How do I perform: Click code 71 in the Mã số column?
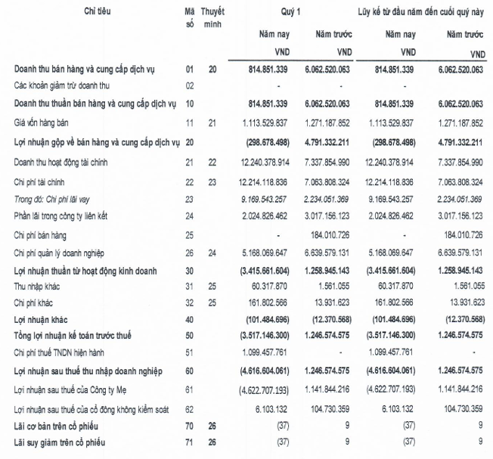189,442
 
